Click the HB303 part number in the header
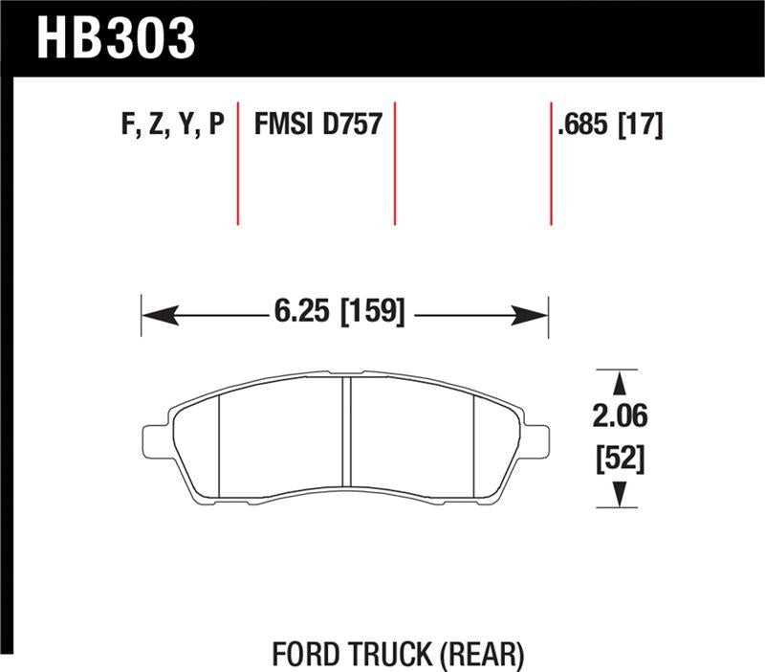tap(115, 38)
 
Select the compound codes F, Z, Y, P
tap(173, 125)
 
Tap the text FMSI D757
tap(317, 125)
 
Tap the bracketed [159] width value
tap(373, 311)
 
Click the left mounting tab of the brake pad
tap(153, 440)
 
